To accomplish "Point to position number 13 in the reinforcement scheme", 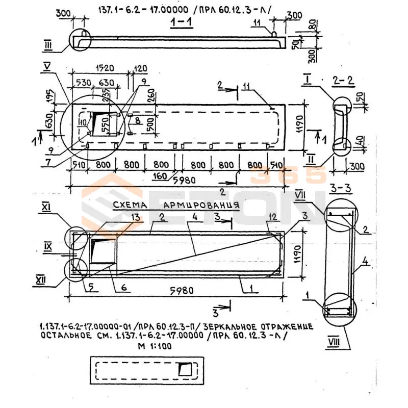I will (x=120, y=217).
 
